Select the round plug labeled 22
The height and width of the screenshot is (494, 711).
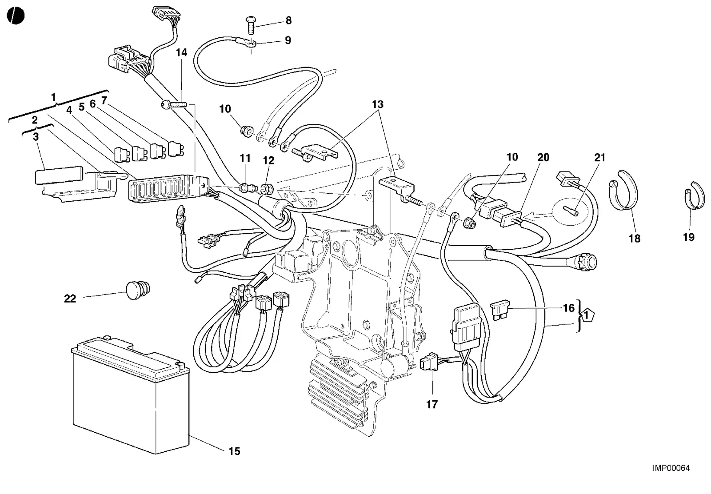coord(138,290)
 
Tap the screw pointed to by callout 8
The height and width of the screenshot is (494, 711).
coord(251,25)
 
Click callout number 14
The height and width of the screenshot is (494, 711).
coord(182,53)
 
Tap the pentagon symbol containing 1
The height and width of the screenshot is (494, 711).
coord(586,315)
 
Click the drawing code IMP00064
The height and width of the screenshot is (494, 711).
coord(671,468)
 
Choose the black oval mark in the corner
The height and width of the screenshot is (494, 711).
coord(16,15)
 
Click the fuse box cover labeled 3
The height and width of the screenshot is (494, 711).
coord(59,177)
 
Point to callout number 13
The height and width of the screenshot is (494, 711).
coord(378,104)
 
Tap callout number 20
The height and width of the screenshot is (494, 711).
coord(543,157)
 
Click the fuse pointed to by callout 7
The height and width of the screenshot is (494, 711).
coord(176,148)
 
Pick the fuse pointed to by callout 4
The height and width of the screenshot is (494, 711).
coord(122,154)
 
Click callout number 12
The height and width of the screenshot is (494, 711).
coord(269,160)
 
